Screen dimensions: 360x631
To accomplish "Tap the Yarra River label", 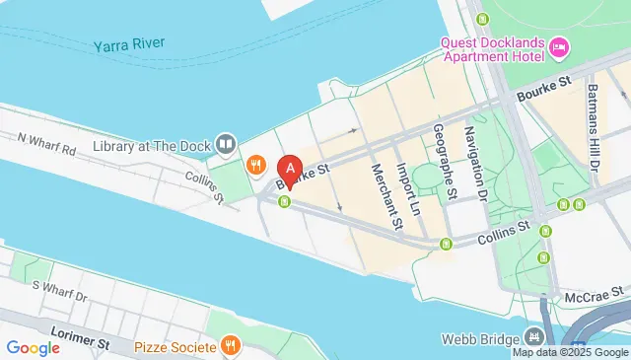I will [129, 45].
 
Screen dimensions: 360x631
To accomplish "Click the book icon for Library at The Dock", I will [226, 146].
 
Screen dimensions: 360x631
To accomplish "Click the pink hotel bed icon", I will [559, 46].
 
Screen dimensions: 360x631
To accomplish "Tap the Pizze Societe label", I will [175, 346].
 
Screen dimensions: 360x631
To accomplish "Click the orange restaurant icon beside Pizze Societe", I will [231, 345].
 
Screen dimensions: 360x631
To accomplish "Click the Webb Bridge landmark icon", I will [534, 338].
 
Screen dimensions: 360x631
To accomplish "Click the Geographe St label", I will [446, 164].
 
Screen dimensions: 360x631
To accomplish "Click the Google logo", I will [33, 347].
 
